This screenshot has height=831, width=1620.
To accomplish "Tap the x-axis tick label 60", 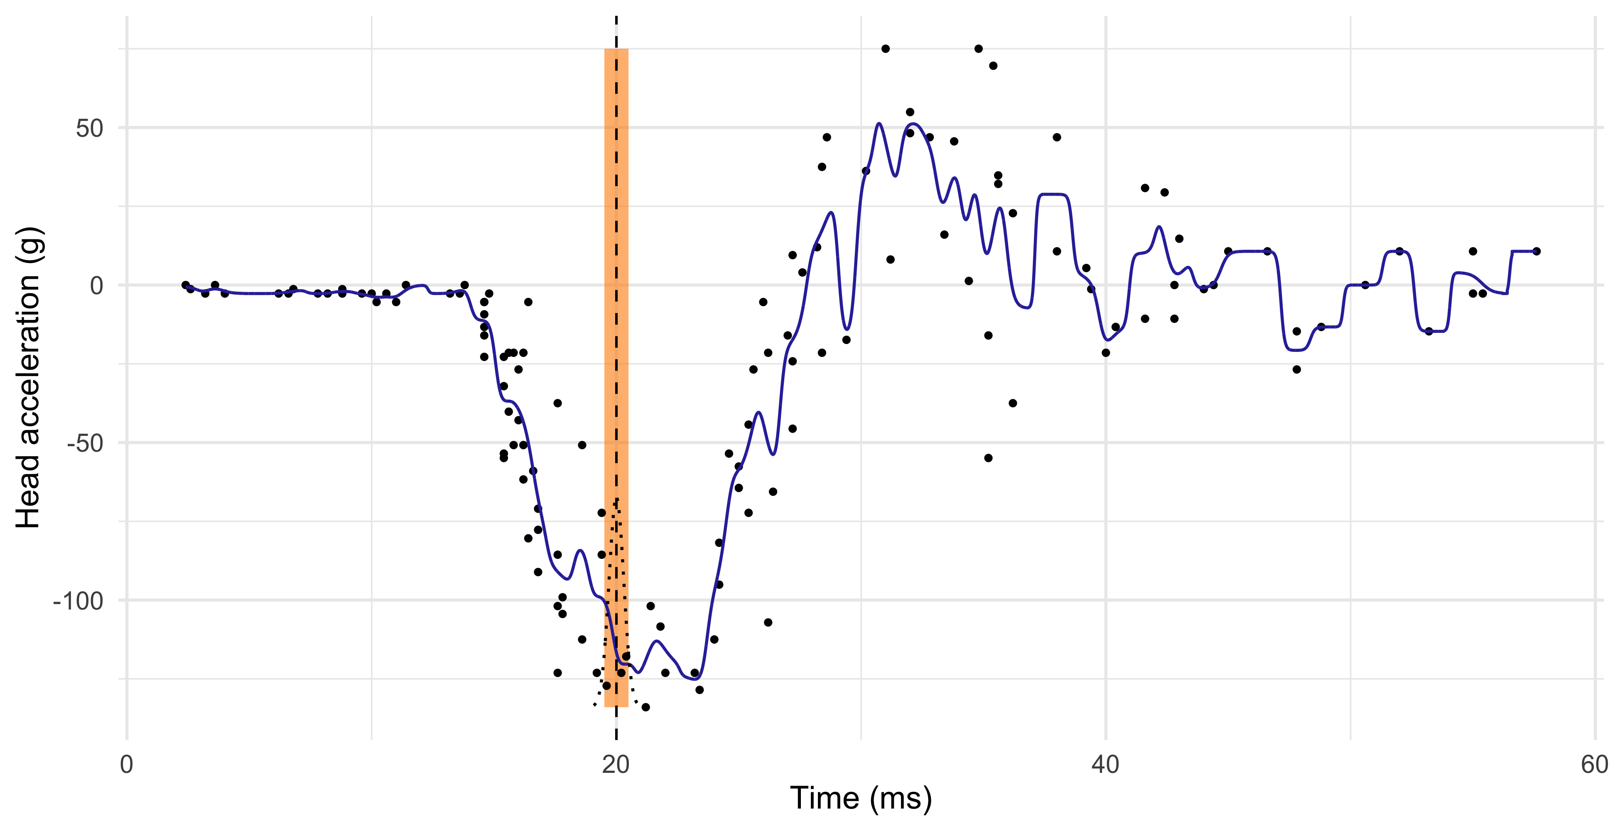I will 1594,765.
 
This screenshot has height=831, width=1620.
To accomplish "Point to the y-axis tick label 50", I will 89,128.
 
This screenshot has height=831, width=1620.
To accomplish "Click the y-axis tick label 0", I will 96,285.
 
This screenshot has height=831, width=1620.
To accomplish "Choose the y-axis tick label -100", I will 78,601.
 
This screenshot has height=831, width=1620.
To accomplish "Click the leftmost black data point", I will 186,285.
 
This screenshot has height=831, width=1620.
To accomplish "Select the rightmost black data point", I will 1537,251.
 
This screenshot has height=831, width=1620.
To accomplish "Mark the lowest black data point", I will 645,707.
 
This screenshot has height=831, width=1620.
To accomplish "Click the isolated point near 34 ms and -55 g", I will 988,458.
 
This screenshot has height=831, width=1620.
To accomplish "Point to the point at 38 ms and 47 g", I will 1056,137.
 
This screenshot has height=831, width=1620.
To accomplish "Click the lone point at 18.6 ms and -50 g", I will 582,445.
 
